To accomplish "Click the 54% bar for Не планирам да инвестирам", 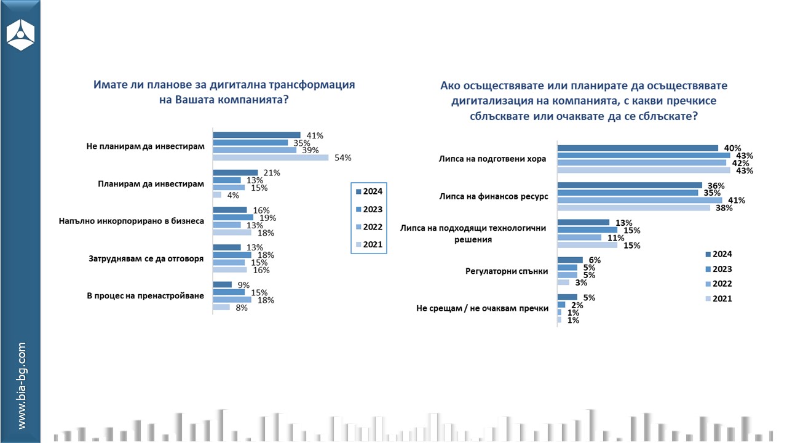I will coord(271,158).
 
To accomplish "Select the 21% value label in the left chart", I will coord(272,172).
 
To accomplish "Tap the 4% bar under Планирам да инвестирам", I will coord(217,195).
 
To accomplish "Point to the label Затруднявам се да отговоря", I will coord(146,258).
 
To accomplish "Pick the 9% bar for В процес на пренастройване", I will coord(222,284).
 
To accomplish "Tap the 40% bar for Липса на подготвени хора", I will coord(637,148).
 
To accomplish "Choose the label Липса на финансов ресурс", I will coord(492,196).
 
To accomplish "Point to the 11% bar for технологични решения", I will coord(579,237).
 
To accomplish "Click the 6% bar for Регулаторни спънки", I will coord(569,260).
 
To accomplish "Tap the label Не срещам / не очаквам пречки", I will coord(482,308).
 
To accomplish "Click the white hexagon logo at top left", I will coord(20,34).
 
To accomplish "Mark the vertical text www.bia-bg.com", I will coord(21,386).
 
